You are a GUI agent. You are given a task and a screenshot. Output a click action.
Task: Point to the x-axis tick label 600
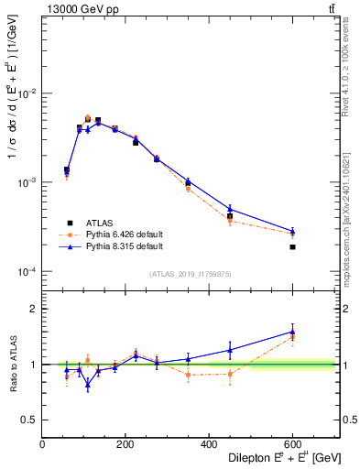pyautogui.click(x=292, y=444)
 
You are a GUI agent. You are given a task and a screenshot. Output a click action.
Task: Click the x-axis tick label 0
pyautogui.click(x=43, y=444)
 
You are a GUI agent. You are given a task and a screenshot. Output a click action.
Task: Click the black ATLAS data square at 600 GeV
pyautogui.click(x=292, y=246)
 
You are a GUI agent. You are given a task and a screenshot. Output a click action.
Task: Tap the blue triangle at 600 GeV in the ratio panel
pyautogui.click(x=292, y=332)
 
